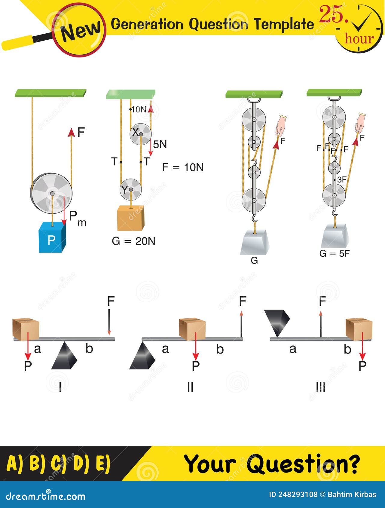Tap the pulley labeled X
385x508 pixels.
pos(141,134)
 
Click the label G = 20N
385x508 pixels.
pos(133,241)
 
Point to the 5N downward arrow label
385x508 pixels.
pos(160,145)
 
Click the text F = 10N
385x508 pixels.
pos(183,167)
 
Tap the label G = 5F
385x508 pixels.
pos(334,254)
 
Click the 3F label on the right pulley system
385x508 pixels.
pos(342,180)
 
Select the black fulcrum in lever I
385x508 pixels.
pos(65,356)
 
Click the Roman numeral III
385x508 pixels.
pos(321,387)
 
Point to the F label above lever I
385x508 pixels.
pos(111,301)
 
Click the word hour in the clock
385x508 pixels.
pos(359,39)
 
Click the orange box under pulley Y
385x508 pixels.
pos(131,218)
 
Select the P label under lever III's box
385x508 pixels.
pos(363,366)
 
